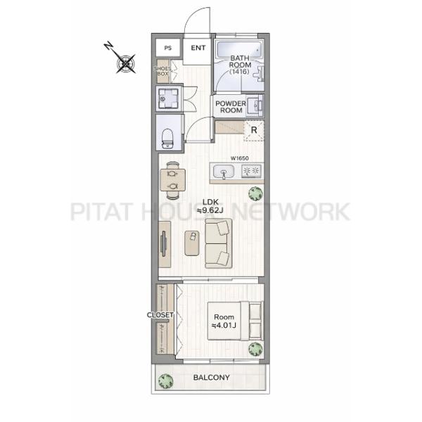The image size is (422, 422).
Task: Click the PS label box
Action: [168, 48]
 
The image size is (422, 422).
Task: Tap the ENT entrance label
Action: [198, 48]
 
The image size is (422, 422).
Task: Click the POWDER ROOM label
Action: [231, 107]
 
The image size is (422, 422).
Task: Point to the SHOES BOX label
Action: [162, 71]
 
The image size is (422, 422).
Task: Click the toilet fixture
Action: [167, 139]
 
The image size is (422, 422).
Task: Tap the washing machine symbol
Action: [169, 98]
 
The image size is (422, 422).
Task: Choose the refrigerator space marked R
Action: [254, 131]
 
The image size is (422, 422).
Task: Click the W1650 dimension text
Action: [240, 158]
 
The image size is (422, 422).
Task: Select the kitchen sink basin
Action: [224, 171]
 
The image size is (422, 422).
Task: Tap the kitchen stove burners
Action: [251, 171]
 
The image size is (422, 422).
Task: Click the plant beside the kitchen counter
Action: [255, 193]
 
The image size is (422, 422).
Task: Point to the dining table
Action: [172, 180]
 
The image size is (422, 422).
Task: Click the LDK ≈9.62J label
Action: [210, 206]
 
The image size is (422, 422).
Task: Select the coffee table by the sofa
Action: [192, 243]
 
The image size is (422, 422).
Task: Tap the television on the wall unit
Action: [163, 244]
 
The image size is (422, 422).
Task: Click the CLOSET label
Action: [160, 314]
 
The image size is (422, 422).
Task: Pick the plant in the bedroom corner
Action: [255, 349]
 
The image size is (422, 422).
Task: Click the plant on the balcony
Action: [165, 381]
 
